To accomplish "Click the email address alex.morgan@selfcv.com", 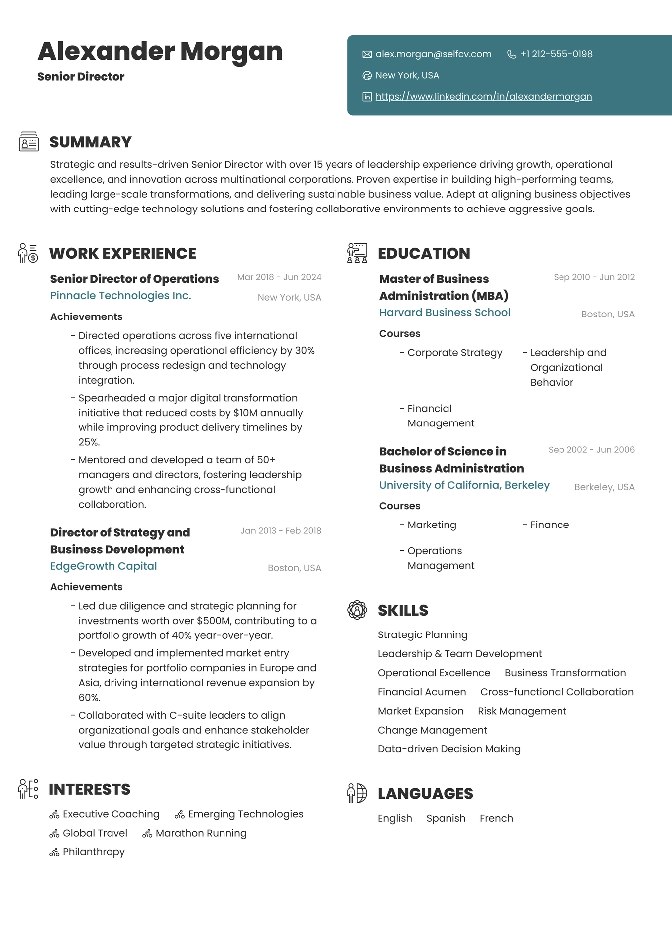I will tap(433, 54).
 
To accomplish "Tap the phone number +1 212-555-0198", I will tap(556, 54).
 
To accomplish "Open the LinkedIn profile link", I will tap(483, 97).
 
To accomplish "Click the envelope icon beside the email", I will tap(367, 54).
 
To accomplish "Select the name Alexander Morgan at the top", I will tap(160, 51).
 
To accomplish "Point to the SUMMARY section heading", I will tap(91, 142).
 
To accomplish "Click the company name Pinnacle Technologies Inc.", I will tap(120, 296).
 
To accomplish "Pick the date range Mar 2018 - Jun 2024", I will tap(279, 277).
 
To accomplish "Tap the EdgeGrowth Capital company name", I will tap(104, 566).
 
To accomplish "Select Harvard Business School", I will tap(445, 313).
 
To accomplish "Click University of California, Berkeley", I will tap(464, 485).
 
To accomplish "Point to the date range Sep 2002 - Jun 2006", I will tap(591, 450).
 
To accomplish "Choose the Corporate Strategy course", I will tap(454, 353).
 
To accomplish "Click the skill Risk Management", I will tap(522, 711).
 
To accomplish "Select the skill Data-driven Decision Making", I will tap(449, 749).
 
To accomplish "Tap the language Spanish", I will tap(446, 819).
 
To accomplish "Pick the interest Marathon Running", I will tap(201, 834).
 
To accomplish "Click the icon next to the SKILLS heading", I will tap(357, 610).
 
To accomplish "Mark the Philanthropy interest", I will tap(94, 852).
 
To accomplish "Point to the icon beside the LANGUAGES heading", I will tap(357, 793).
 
